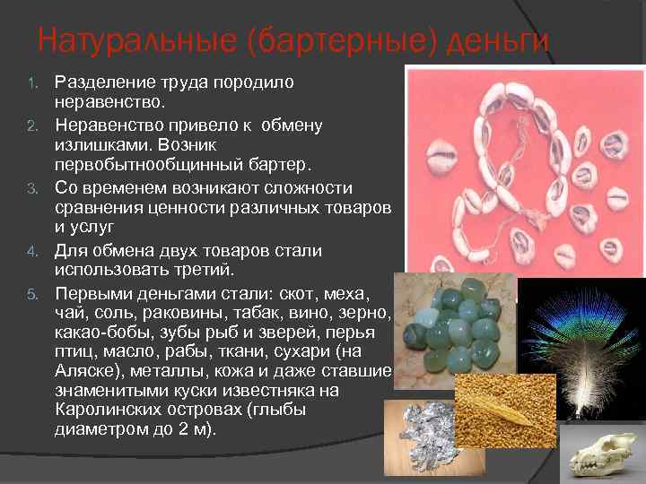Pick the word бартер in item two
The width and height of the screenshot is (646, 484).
pos(278,166)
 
